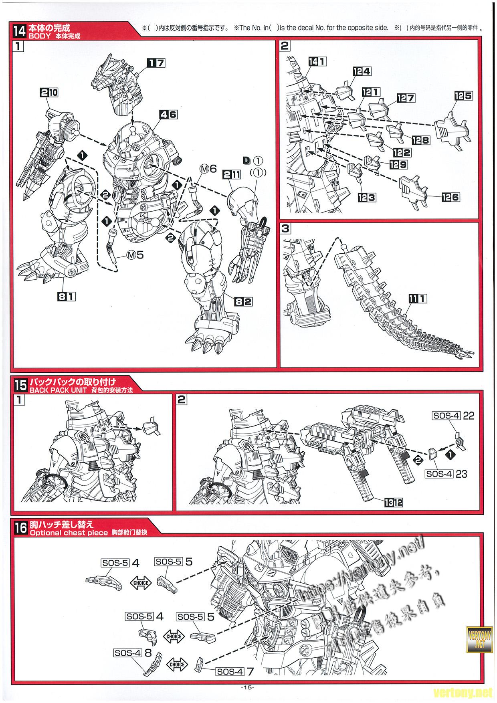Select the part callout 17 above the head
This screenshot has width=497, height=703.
click(156, 63)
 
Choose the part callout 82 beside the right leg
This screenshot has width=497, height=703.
click(243, 302)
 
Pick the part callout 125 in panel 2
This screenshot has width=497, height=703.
click(463, 96)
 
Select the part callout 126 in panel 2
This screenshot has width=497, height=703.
click(450, 197)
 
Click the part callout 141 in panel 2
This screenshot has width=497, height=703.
click(317, 61)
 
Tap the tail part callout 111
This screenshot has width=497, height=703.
click(417, 298)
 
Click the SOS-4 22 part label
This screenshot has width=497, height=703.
click(453, 416)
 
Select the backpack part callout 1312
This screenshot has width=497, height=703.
click(393, 502)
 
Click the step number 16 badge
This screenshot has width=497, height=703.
click(20, 528)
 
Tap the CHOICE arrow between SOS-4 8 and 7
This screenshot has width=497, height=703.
click(177, 664)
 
